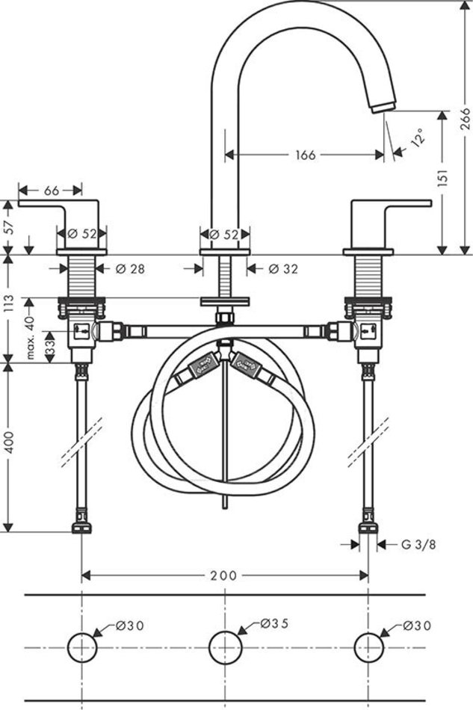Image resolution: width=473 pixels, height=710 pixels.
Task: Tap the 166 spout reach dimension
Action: [306, 155]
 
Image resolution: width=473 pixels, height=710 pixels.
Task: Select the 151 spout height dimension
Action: [442, 179]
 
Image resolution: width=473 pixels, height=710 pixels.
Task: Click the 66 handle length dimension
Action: [51, 191]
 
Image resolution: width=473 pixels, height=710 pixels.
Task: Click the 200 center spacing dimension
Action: [223, 575]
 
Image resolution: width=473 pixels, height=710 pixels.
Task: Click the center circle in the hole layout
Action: [224, 646]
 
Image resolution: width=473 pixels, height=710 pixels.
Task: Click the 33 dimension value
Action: [50, 346]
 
